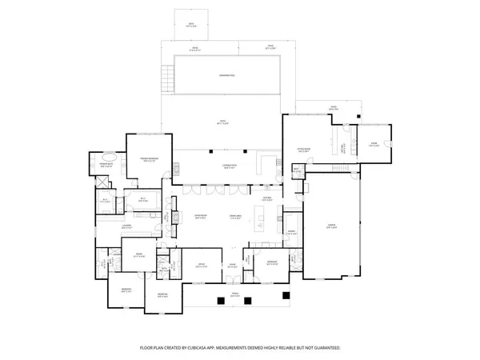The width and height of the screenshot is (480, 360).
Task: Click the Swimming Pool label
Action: [x=227, y=76]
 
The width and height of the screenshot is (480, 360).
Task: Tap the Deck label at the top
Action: [x=191, y=25]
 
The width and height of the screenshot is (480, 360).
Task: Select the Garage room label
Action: [x=331, y=227]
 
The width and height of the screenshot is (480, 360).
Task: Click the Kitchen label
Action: [x=267, y=198]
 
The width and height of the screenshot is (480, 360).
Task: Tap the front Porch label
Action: [x=235, y=293]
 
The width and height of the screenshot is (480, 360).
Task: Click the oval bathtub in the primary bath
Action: [x=118, y=170]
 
